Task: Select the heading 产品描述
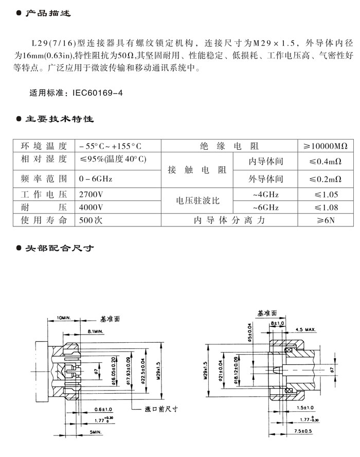[48, 13]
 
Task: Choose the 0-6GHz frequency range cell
[96, 179]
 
